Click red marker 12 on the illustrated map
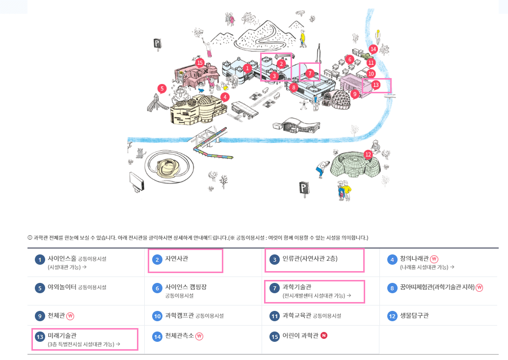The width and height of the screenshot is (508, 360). pyautogui.click(x=368, y=154)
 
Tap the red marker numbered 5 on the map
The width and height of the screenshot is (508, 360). pyautogui.click(x=162, y=88)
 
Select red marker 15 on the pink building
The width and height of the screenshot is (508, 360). pyautogui.click(x=199, y=63)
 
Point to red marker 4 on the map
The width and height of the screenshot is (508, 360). pyautogui.click(x=224, y=97)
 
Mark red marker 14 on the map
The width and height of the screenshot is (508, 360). pyautogui.click(x=373, y=49)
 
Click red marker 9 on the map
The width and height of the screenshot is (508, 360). pyautogui.click(x=354, y=93)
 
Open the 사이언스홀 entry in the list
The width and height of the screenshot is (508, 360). pyautogui.click(x=61, y=258)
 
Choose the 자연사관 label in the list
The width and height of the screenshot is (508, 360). pyautogui.click(x=177, y=258)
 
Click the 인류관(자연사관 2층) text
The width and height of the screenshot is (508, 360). pyautogui.click(x=309, y=258)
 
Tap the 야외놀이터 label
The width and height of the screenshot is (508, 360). pyautogui.click(x=62, y=287)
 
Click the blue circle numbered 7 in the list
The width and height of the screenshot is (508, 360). pyautogui.click(x=274, y=288)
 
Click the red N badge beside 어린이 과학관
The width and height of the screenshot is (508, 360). pyautogui.click(x=324, y=336)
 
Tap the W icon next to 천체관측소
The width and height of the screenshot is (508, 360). pyautogui.click(x=199, y=336)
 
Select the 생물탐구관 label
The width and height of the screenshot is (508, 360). pyautogui.click(x=414, y=316)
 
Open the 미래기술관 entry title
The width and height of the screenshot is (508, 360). pyautogui.click(x=62, y=335)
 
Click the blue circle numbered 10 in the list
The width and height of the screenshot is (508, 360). pyautogui.click(x=157, y=316)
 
